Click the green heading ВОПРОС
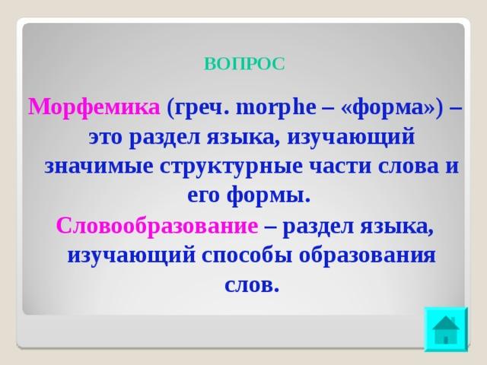pos(244,64)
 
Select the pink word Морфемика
pos(94,108)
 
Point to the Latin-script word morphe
pos(276,108)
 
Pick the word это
pos(106,138)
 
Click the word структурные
pos(231,167)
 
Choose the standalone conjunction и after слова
pos(452,167)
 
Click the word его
pos(203,196)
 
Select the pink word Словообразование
pos(158,226)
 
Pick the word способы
pos(247,255)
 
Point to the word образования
pos(368,255)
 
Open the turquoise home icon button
pos(446,329)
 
